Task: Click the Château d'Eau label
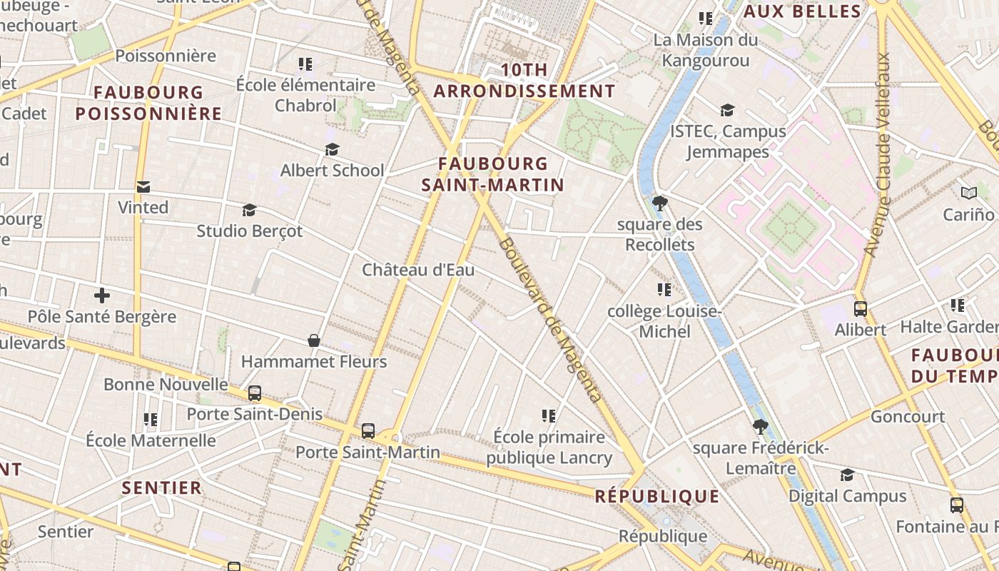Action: (418, 270)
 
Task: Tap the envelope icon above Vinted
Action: (143, 187)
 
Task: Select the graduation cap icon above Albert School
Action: (332, 150)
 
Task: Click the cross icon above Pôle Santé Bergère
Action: (102, 295)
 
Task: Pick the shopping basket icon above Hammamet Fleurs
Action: (313, 340)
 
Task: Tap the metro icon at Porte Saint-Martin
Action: (368, 430)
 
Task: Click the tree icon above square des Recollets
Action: (660, 203)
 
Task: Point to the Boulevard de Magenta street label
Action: (549, 319)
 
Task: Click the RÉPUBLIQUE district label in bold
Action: (657, 496)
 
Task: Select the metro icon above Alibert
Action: (861, 309)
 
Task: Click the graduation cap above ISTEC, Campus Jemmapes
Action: (727, 111)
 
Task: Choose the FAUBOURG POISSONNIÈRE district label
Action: (148, 103)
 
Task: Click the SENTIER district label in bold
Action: (162, 487)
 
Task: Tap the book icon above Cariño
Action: (968, 193)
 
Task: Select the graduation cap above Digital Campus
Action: (847, 475)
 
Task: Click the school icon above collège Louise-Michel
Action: (664, 290)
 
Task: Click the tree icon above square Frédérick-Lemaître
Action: (761, 427)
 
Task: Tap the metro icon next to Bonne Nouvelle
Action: (255, 393)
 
